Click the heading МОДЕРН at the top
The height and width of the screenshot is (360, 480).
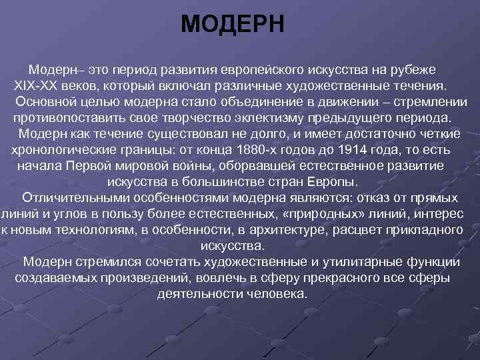[x=233, y=25]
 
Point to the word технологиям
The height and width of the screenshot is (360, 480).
[x=79, y=230]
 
